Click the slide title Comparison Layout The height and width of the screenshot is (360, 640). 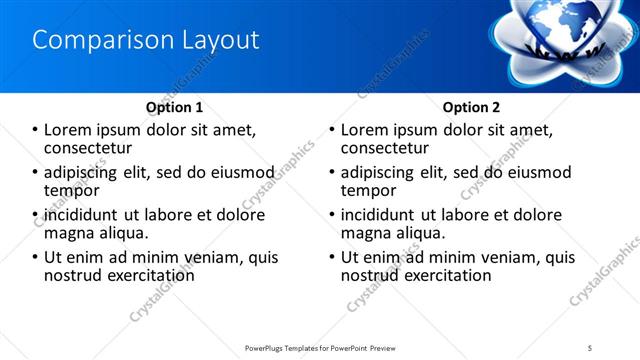tap(146, 40)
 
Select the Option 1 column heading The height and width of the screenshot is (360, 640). tap(174, 107)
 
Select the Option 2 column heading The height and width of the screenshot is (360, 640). tap(471, 107)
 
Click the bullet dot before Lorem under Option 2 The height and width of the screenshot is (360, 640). tap(332, 131)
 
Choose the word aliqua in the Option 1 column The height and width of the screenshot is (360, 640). tap(123, 232)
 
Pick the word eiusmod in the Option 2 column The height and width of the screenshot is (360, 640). tap(538, 173)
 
